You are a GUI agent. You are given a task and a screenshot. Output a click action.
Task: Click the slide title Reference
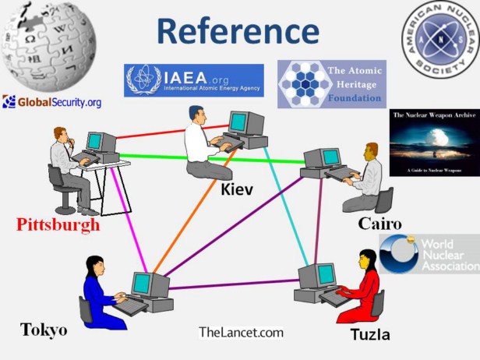[x=237, y=30]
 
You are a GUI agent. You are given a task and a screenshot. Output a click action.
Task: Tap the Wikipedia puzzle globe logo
[x=49, y=46]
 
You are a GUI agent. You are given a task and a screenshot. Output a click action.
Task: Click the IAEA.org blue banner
[x=194, y=80]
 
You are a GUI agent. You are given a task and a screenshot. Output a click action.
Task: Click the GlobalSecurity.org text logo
[x=52, y=102]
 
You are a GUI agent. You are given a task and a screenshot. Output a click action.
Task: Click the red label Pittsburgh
[x=58, y=226]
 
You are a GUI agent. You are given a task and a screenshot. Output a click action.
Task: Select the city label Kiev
[x=237, y=189]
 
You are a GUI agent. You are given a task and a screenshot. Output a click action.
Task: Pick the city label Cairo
[x=379, y=224]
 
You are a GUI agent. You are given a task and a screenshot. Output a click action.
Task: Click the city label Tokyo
[x=44, y=330]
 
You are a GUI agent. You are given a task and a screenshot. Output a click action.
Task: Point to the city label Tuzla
[x=369, y=335]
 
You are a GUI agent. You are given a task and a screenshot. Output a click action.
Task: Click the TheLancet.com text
[x=241, y=332]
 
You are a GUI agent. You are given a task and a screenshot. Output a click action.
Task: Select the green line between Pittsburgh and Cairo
[x=210, y=159]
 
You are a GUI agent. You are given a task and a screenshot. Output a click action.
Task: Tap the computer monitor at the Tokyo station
[x=141, y=284]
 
